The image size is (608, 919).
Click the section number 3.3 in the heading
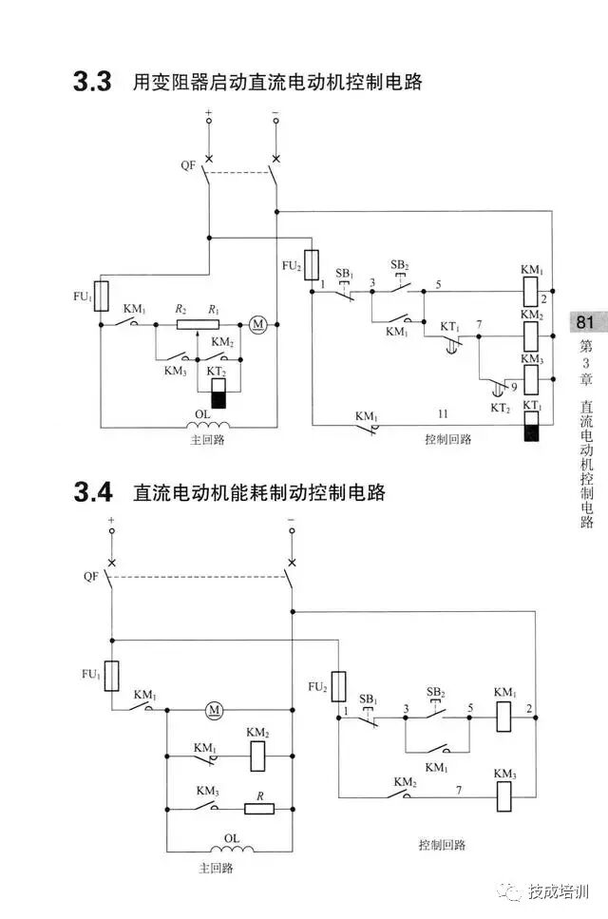pyautogui.click(x=92, y=83)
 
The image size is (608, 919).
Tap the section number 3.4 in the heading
pyautogui.click(x=92, y=493)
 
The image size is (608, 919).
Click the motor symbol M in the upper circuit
pyautogui.click(x=258, y=324)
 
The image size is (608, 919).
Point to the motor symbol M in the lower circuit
pyautogui.click(x=214, y=709)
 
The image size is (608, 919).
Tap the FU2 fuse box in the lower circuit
pyautogui.click(x=338, y=686)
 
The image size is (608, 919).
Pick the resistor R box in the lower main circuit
pyautogui.click(x=259, y=809)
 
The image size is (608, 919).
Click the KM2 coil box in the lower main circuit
pyautogui.click(x=257, y=756)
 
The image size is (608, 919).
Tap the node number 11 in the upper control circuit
pyautogui.click(x=442, y=414)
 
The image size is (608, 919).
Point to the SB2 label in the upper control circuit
pyautogui.click(x=400, y=264)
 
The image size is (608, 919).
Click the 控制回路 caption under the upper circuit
pyautogui.click(x=447, y=439)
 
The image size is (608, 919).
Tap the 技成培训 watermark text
pyautogui.click(x=560, y=892)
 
